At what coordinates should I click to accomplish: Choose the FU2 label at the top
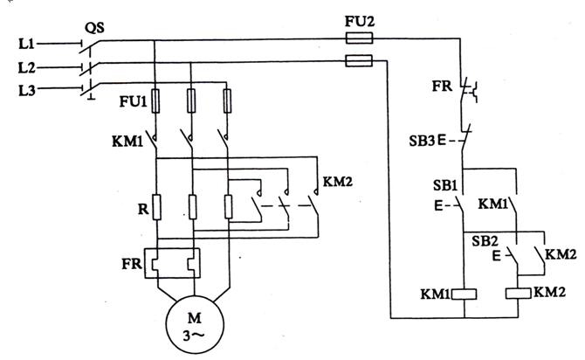(x=359, y=19)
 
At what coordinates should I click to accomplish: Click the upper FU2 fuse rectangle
(x=359, y=38)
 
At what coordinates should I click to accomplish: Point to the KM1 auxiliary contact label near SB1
(x=495, y=204)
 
